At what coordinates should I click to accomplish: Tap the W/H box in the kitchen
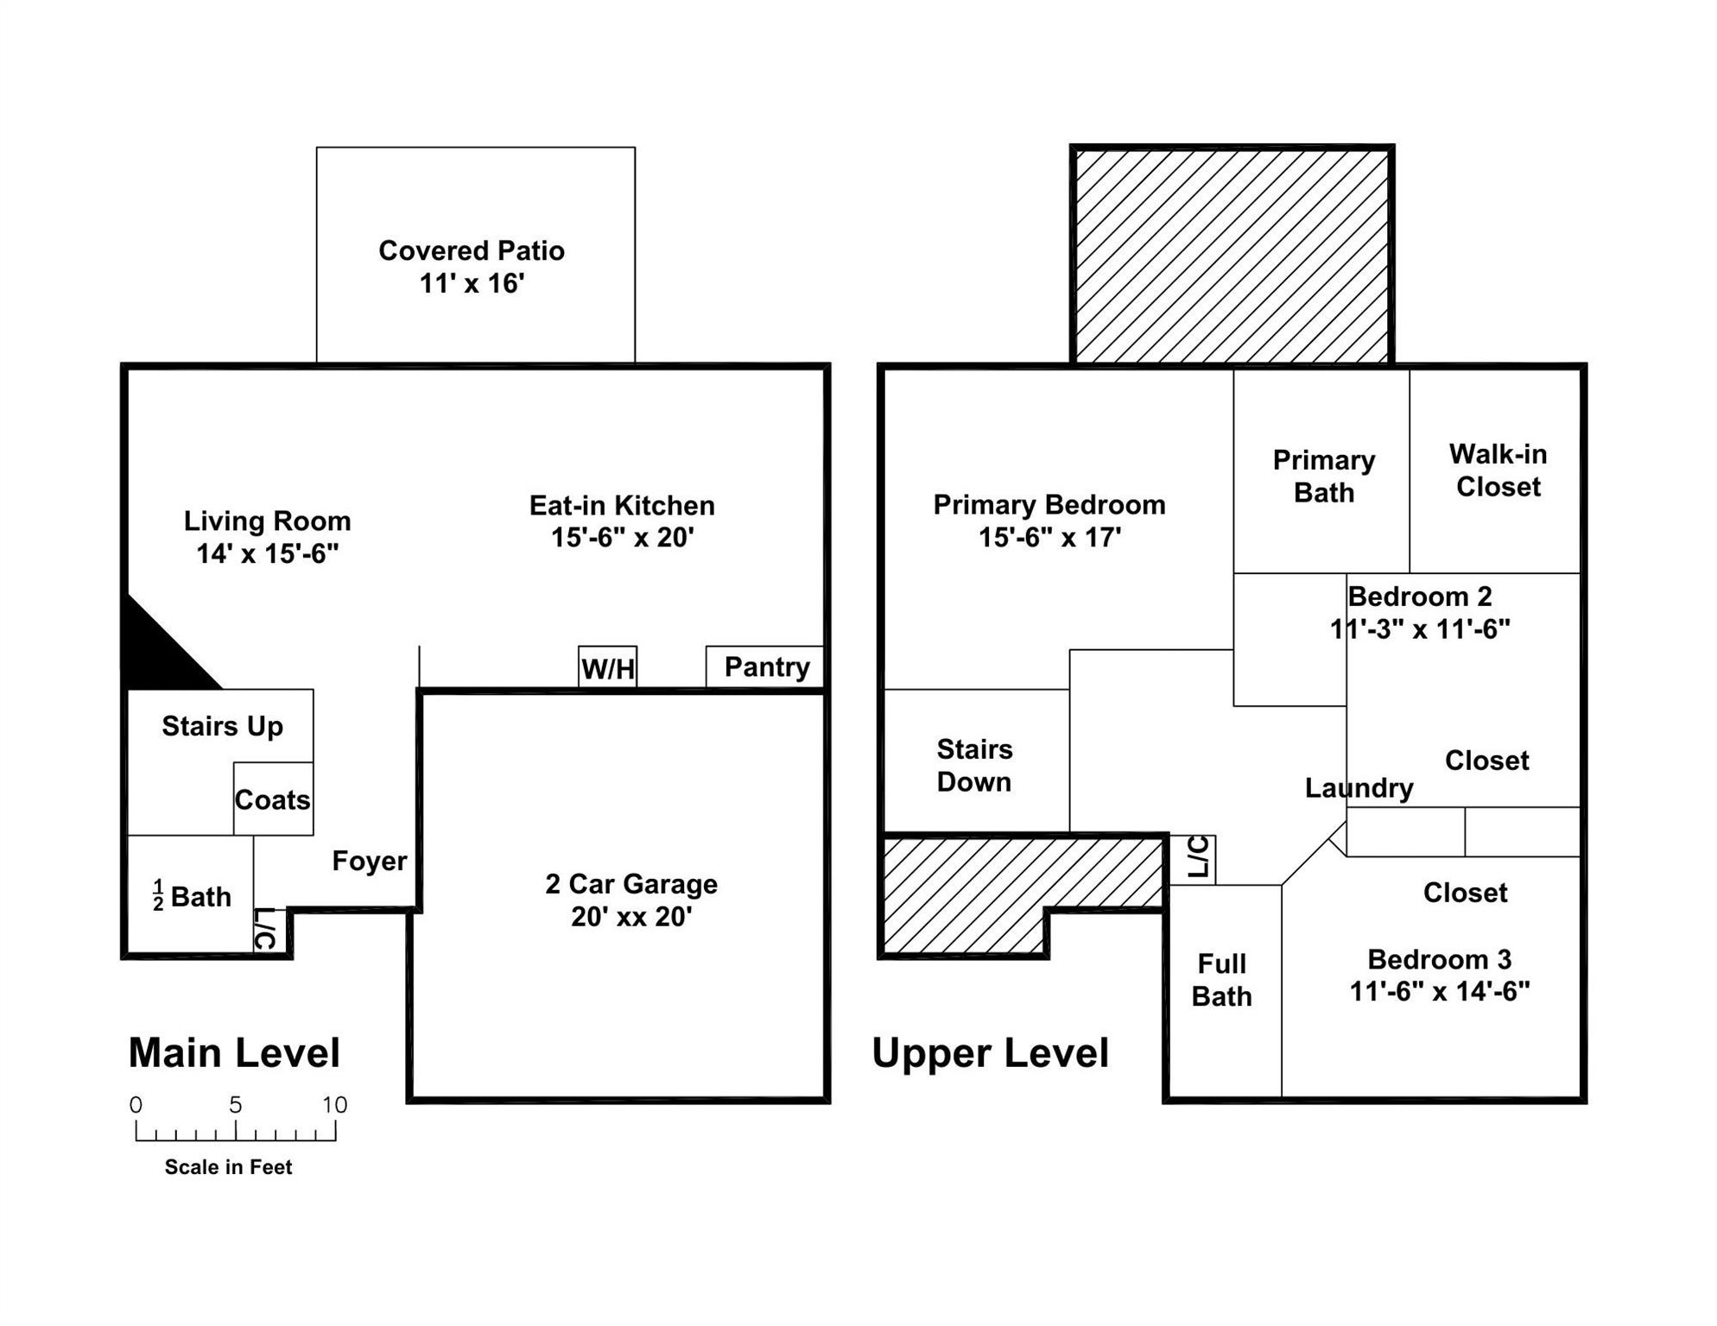point(608,667)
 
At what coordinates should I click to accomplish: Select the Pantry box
point(765,667)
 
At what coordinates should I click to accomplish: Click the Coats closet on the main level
point(273,799)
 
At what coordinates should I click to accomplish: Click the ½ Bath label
point(192,896)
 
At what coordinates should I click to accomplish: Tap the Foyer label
point(370,861)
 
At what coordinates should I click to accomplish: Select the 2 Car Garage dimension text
point(631,916)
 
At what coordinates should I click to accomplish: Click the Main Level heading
point(234,1052)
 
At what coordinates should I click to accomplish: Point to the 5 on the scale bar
point(235,1104)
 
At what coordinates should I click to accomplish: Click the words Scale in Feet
point(228,1167)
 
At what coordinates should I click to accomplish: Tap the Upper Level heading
point(990,1052)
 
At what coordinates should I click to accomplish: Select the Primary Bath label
point(1324,476)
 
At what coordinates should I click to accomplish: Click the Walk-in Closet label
point(1498,470)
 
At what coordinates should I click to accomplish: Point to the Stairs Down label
point(974,765)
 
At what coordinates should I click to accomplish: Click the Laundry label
point(1359,788)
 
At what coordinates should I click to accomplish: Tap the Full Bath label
point(1221,980)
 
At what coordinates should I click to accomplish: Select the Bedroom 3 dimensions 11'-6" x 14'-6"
point(1440,991)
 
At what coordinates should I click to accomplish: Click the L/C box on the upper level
point(1193,860)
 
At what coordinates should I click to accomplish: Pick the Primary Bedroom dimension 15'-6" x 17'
point(1049,537)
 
